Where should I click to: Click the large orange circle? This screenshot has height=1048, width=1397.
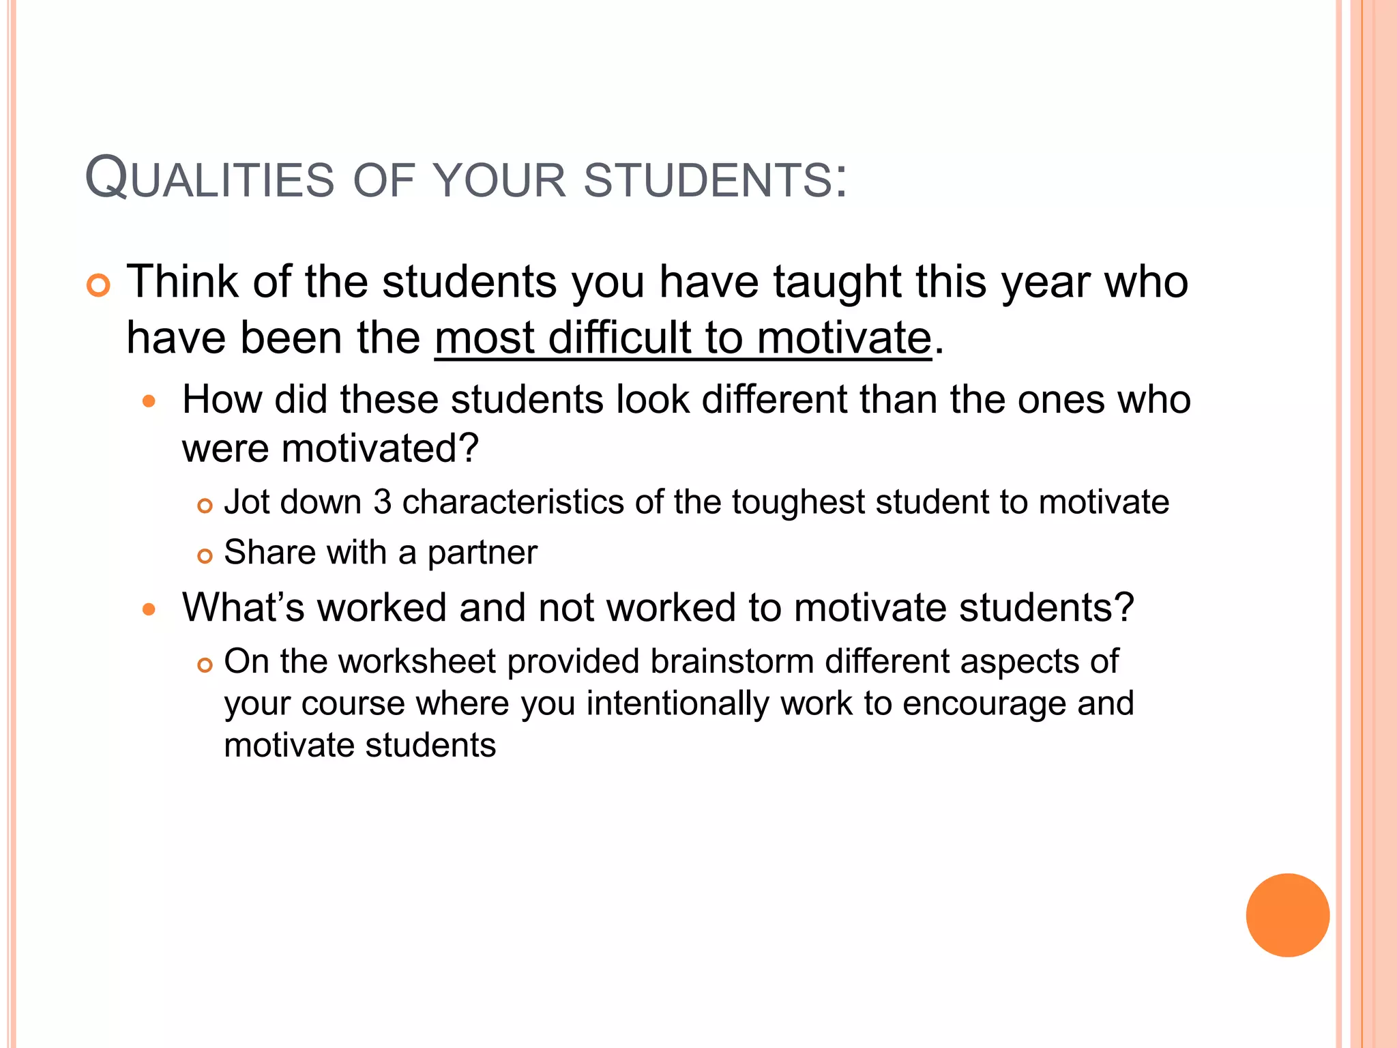click(x=1287, y=915)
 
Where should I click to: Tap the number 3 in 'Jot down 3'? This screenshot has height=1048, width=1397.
click(x=383, y=502)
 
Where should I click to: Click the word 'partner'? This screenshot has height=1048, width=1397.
click(x=482, y=553)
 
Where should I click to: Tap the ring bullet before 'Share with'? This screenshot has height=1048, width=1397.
click(x=205, y=556)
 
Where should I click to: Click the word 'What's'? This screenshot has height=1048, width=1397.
click(x=244, y=607)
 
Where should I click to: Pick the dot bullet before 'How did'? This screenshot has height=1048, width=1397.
click(x=149, y=402)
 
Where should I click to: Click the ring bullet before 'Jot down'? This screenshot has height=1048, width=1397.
click(x=205, y=506)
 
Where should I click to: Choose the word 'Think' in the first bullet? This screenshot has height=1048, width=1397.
click(x=183, y=282)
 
